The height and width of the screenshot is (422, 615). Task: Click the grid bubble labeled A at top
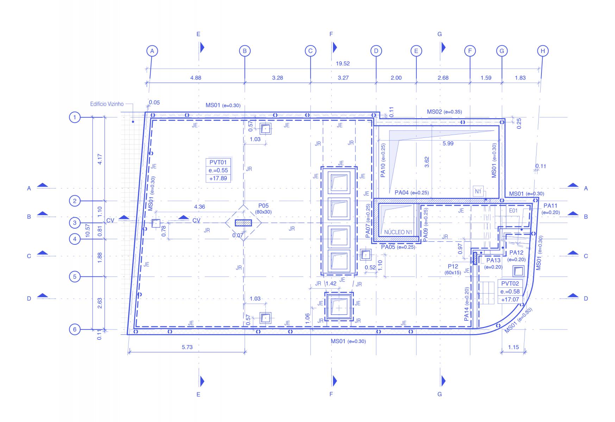(152, 51)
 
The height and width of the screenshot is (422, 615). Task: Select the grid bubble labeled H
(543, 51)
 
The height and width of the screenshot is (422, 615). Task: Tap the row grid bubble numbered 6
(75, 330)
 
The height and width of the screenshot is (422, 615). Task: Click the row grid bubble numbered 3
(75, 223)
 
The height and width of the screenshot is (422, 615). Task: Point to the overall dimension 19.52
(343, 64)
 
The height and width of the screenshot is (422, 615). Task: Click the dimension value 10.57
(88, 232)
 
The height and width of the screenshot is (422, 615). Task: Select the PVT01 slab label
(218, 162)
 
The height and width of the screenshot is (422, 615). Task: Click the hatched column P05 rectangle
(243, 223)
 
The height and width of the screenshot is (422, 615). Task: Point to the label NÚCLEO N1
(398, 232)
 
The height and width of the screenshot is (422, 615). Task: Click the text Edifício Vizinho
(107, 104)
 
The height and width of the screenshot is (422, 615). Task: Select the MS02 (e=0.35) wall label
(444, 112)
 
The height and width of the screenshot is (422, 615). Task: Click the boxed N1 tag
(478, 192)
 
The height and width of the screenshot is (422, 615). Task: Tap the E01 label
(513, 211)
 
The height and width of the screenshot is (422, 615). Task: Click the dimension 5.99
(448, 143)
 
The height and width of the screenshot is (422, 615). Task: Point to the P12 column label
(453, 266)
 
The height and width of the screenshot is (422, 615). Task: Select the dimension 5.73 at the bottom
(187, 347)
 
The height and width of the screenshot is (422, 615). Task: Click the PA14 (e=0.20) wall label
(467, 304)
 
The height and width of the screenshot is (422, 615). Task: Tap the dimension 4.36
(199, 207)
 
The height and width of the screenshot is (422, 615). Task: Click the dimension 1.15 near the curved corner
(513, 347)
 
